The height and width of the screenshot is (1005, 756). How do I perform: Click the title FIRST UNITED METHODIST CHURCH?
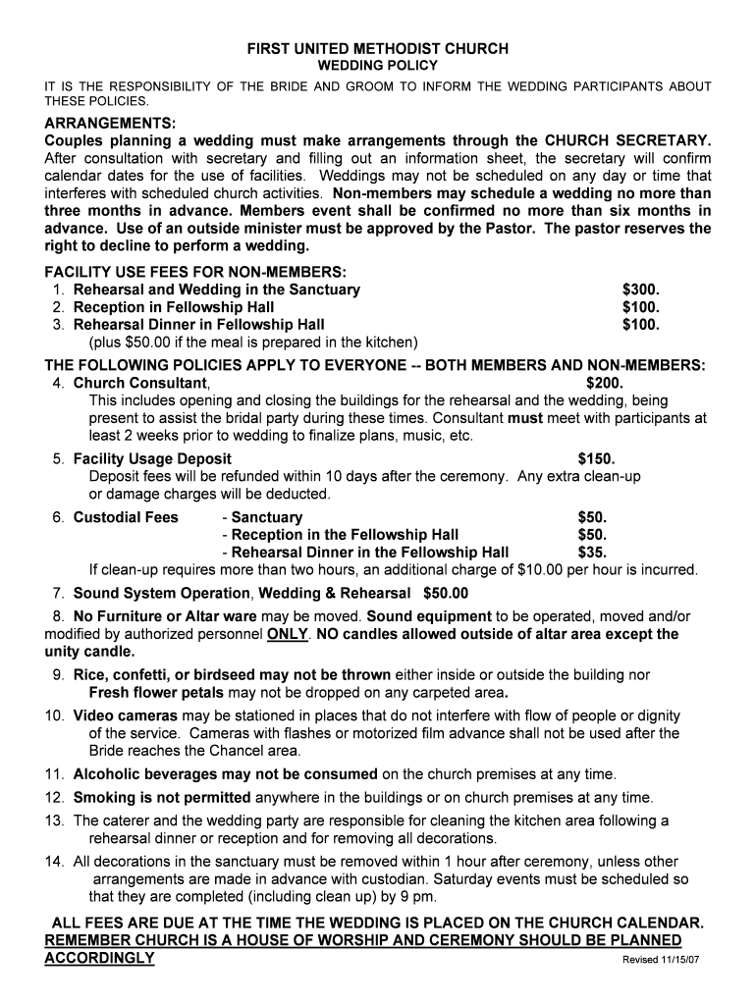pos(377,48)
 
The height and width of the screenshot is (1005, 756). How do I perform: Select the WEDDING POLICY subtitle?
pos(377,65)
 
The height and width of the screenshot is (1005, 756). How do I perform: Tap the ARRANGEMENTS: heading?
pos(110,123)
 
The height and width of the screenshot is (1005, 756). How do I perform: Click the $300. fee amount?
pos(641,290)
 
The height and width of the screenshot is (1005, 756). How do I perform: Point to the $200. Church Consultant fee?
pos(605,383)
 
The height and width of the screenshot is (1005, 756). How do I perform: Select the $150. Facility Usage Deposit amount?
pos(597,458)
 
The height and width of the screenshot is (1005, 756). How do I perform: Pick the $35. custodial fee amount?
pos(593,553)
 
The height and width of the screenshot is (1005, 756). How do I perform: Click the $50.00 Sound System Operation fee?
pos(446,593)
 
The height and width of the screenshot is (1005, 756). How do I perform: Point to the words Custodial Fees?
pos(126,517)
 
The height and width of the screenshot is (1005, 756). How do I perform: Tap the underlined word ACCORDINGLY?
pos(100,957)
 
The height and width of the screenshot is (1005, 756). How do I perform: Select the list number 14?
pos(54,861)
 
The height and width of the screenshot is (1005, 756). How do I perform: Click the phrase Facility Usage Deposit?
pos(152,458)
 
